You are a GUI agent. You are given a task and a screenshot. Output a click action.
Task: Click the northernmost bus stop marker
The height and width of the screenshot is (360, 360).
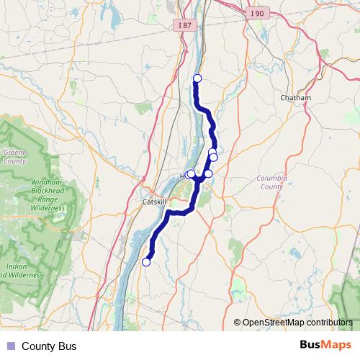pos(197,78)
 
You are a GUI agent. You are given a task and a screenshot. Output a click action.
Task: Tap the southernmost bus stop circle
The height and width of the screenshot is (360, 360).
pos(146,262)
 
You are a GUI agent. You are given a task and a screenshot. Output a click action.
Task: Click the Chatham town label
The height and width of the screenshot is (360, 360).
pos(296,98)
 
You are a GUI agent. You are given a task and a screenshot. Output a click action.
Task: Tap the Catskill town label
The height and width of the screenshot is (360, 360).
pos(154,202)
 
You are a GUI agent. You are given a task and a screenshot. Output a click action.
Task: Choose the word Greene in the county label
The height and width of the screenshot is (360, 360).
pos(14,153)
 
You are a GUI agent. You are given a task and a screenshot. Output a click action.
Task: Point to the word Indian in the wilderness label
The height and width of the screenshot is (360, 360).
pos(17,267)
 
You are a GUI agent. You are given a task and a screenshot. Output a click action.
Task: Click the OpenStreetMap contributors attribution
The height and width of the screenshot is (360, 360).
pos(297,323)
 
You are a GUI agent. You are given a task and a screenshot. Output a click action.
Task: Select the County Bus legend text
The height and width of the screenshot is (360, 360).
pos(49,346)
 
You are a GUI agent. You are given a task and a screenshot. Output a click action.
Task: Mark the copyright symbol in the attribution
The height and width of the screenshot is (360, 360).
pos(237,323)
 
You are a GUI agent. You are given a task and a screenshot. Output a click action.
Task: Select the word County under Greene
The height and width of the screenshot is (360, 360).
pos(14,161)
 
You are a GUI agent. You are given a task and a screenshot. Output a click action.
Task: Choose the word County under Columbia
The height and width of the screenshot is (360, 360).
pos(271,186)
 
